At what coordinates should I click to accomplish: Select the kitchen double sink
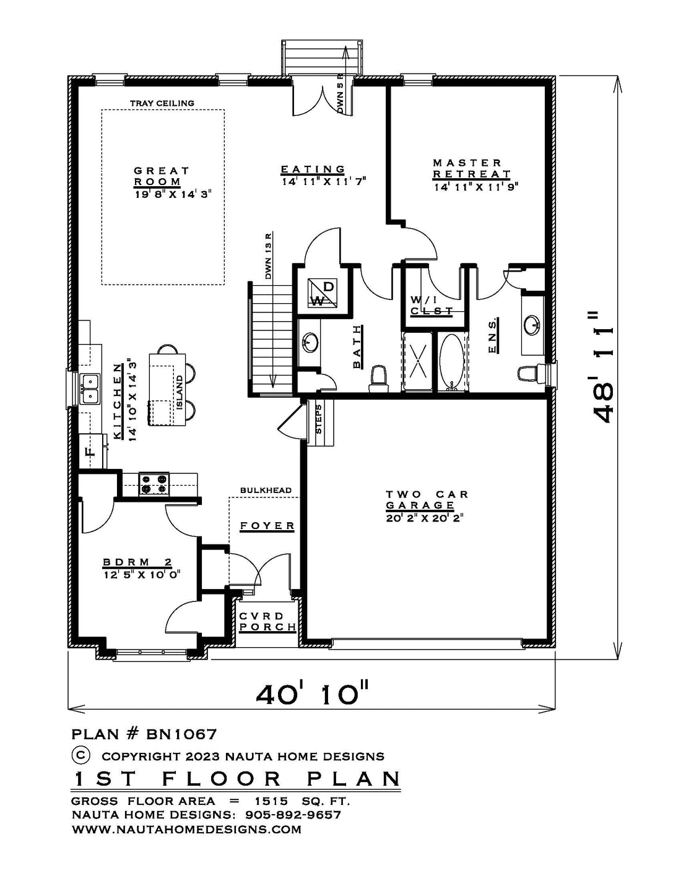pos(89,389)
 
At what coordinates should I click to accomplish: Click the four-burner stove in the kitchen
pos(154,484)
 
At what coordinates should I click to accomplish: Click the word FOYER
pos(267,526)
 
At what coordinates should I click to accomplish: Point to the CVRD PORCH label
pos(267,622)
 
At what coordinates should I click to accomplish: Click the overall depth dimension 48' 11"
pos(602,367)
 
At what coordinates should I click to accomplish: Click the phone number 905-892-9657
pos(293,815)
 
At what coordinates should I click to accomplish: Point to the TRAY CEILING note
pos(162,103)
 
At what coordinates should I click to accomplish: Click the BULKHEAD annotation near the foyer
pos(266,490)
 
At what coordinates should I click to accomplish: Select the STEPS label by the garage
pos(319,419)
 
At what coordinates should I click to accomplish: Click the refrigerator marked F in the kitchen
pos(91,451)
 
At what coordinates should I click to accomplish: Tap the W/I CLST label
pos(431,305)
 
